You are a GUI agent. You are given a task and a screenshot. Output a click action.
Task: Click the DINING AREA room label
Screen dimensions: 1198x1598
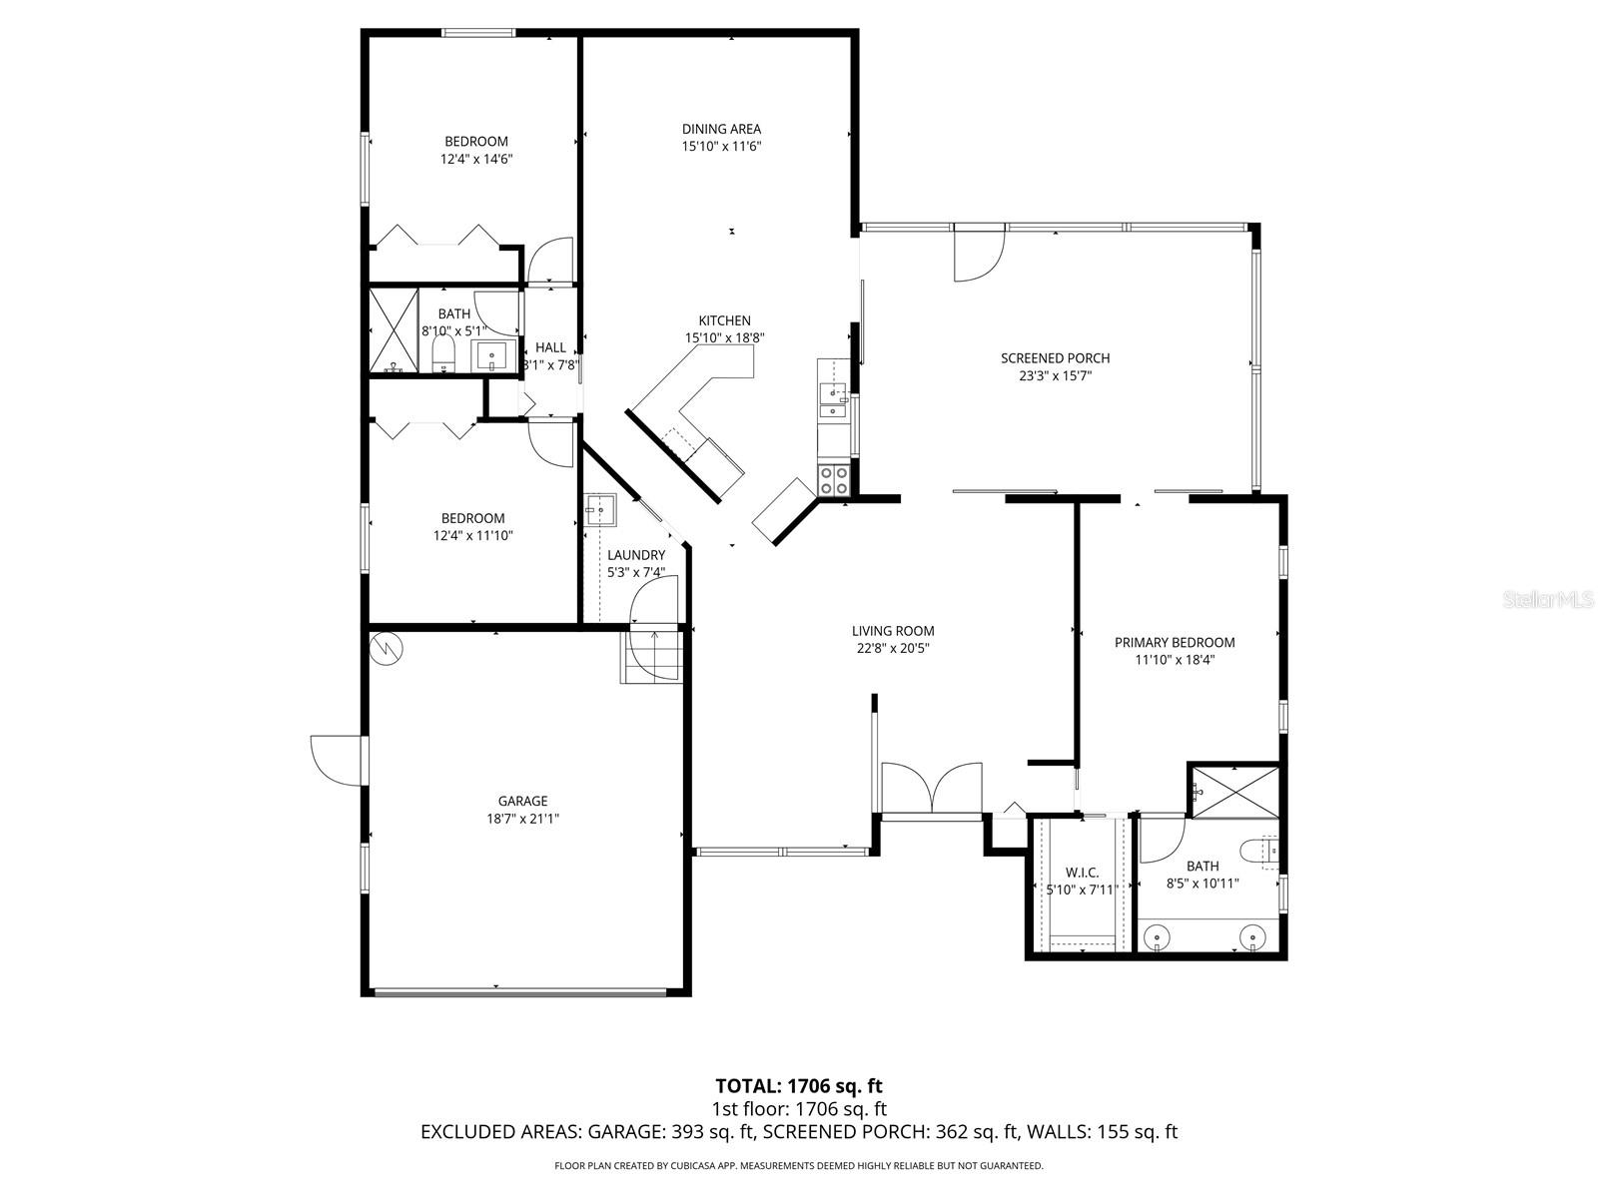(x=721, y=129)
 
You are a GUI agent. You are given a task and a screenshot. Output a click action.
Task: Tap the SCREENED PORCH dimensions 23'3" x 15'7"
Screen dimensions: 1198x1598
(x=1055, y=376)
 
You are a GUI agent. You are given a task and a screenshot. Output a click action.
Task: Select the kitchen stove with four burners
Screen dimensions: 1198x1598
(x=834, y=480)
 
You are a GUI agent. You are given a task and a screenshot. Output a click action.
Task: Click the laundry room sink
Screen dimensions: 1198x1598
(x=601, y=509)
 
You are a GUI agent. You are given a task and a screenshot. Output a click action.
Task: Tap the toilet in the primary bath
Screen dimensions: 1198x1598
(x=1259, y=851)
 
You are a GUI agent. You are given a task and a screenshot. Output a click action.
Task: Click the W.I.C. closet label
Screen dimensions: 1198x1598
(x=1082, y=873)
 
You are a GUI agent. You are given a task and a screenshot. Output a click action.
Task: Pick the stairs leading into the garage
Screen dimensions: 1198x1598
(x=651, y=657)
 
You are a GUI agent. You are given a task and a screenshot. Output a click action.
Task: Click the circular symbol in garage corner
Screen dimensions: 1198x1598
(x=386, y=648)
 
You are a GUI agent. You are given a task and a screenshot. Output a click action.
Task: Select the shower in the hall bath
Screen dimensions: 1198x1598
(x=394, y=330)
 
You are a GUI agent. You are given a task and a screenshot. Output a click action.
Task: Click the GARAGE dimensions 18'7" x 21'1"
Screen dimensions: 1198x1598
(x=522, y=819)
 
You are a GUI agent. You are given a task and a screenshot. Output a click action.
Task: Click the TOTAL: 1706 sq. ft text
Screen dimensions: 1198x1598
(x=799, y=1085)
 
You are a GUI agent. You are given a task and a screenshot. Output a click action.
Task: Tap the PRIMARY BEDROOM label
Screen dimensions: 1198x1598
(x=1175, y=642)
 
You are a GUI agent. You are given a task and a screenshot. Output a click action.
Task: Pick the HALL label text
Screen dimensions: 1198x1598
(x=550, y=347)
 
